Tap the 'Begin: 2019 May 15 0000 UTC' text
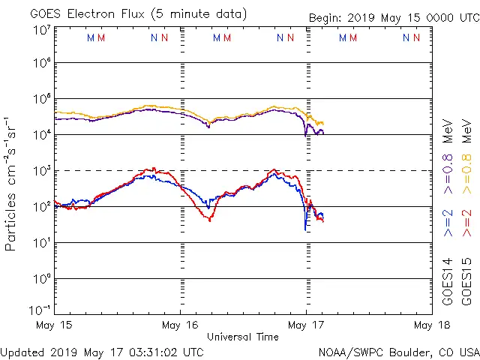click(x=393, y=18)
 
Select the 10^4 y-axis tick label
click(x=42, y=134)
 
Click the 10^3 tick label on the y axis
click(x=42, y=170)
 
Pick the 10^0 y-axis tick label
click(x=42, y=278)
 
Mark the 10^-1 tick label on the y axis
click(x=40, y=310)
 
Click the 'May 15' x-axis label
click(x=54, y=325)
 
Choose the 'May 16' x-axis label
click(x=180, y=325)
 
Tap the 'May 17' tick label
click(x=305, y=325)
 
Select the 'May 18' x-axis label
click(x=430, y=325)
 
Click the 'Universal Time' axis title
click(x=242, y=337)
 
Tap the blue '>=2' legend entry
click(x=448, y=223)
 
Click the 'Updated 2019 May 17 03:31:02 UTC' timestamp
click(x=102, y=351)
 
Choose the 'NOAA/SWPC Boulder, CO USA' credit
click(x=398, y=351)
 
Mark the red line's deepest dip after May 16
click(x=210, y=220)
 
